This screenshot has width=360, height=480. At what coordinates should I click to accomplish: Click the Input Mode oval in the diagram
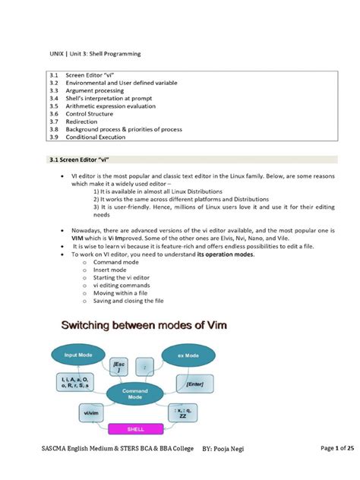click(79, 355)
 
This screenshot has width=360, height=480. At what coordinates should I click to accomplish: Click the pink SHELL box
click(135, 429)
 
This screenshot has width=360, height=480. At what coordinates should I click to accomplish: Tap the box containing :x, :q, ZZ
click(183, 413)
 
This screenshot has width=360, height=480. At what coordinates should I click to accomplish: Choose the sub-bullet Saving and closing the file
click(128, 301)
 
